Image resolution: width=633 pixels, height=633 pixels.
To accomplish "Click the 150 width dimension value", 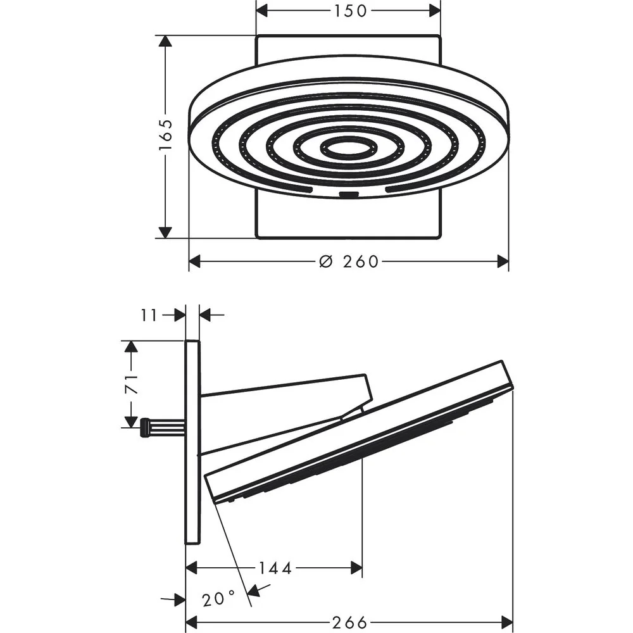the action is point(350,11).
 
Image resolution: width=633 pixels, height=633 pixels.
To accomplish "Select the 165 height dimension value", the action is point(165,134).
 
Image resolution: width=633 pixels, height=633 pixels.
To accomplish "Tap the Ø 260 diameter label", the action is point(349,261).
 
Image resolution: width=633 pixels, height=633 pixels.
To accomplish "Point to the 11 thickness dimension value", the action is point(149,315).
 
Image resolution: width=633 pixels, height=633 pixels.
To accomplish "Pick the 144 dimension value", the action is point(275,568).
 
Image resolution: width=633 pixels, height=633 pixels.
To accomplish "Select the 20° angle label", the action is point(218,599).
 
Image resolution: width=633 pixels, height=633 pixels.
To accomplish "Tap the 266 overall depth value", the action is point(349,622).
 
